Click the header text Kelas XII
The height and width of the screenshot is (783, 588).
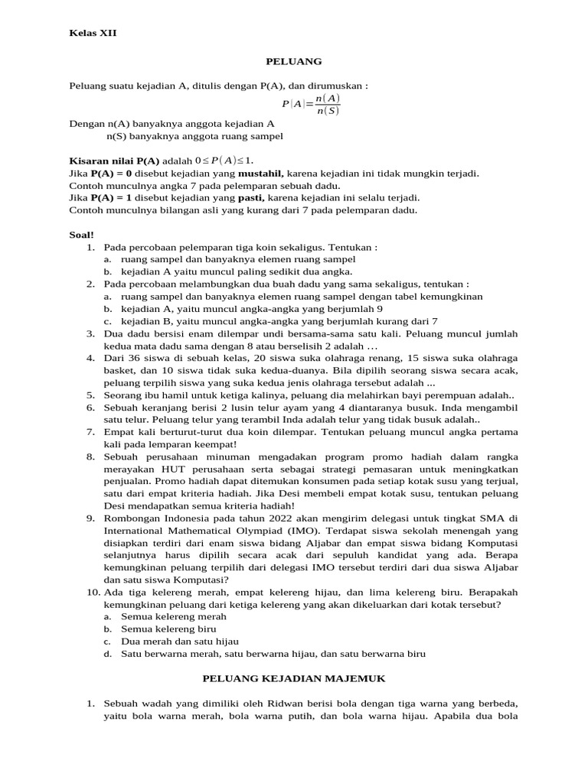point(93,33)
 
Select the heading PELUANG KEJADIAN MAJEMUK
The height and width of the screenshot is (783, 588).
point(293,677)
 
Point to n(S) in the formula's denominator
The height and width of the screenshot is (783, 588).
point(328,112)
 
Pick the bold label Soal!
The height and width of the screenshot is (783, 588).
point(81,235)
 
